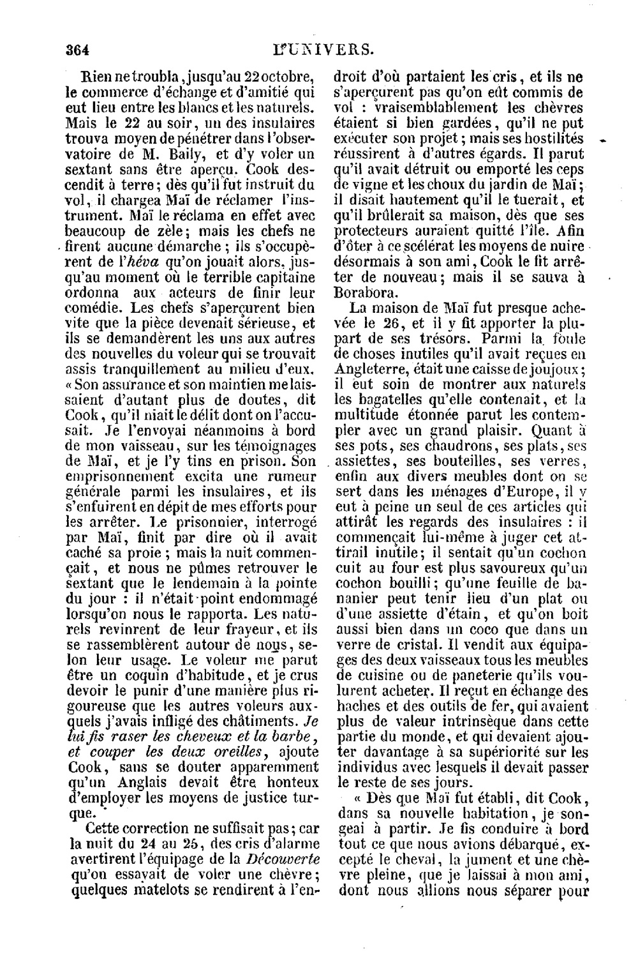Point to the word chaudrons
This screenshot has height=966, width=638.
coord(436,445)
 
